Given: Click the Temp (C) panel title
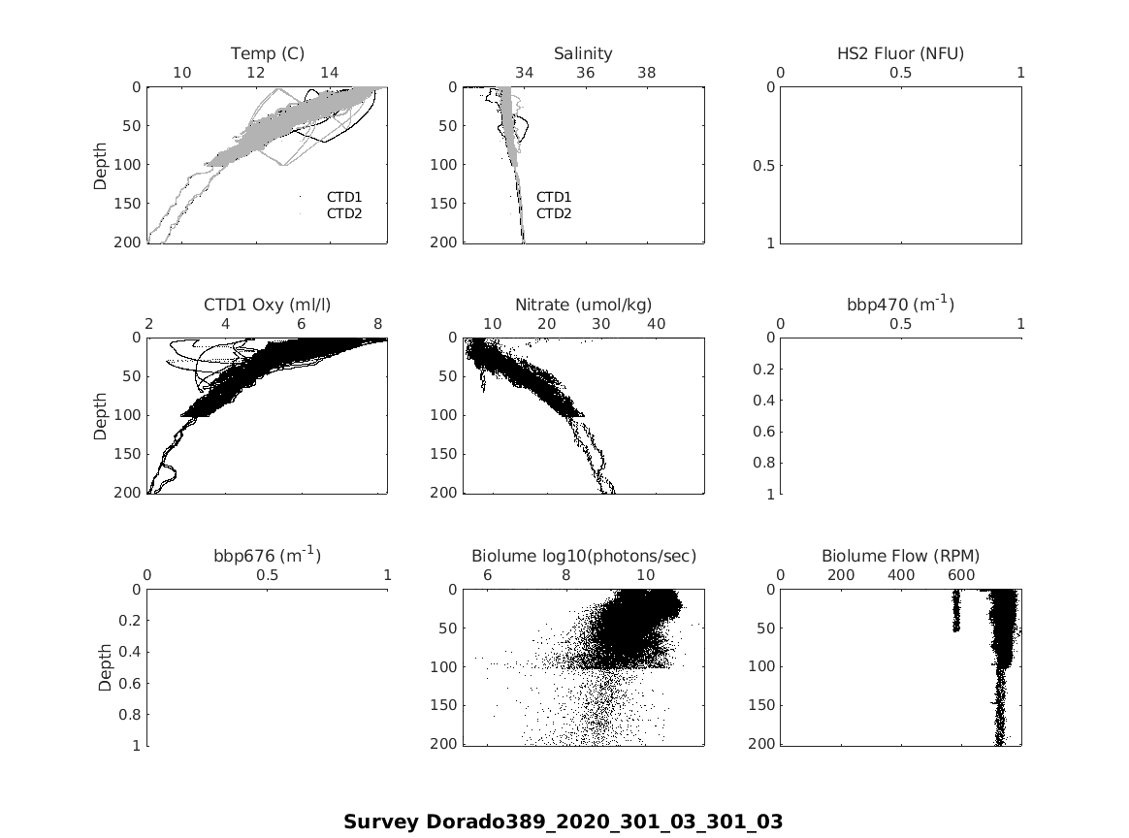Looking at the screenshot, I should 268,53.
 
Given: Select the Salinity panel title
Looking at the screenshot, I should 583,53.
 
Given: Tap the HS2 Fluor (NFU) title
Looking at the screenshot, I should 900,53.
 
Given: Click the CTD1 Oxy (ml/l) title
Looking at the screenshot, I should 268,305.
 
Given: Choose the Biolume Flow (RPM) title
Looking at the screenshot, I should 900,556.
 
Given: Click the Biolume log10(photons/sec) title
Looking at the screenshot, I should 583,556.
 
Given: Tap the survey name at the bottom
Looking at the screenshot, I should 563,822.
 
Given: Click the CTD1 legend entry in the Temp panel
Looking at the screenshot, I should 343,197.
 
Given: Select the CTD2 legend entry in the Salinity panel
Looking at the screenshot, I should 554,213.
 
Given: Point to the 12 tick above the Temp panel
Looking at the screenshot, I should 256,73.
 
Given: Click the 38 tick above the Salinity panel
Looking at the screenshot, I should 646,73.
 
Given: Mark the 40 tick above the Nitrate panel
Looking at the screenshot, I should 656,323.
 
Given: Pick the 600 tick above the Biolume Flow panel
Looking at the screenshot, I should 961,574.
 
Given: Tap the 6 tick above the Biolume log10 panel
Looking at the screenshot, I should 487,574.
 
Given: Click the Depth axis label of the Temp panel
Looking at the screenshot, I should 101,165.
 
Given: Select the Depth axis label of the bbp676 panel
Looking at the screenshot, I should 105,667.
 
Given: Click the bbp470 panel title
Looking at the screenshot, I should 900,305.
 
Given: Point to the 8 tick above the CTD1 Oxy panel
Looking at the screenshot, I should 378,323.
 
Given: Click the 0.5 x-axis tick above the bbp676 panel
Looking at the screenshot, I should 268,574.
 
